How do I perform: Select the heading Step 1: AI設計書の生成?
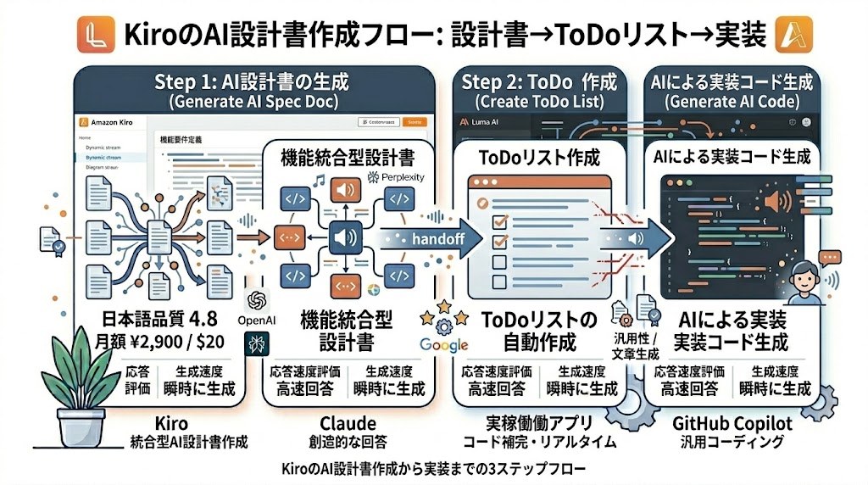[252, 82]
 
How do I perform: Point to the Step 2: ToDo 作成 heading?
[539, 82]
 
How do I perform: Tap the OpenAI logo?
[257, 302]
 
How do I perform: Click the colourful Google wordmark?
[443, 345]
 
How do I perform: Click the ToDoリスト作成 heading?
[539, 158]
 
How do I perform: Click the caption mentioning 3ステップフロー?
[432, 468]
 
